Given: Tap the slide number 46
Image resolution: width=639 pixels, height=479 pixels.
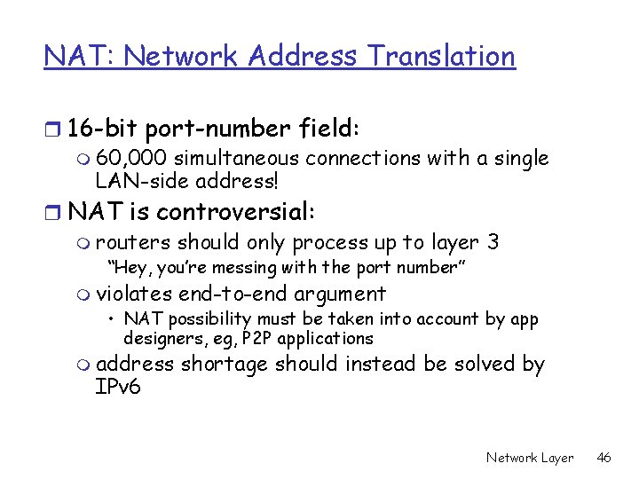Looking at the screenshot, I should tap(604, 458).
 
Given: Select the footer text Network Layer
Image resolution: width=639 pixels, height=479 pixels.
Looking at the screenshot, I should tap(530, 458).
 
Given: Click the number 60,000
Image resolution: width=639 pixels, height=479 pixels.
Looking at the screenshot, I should tap(131, 159).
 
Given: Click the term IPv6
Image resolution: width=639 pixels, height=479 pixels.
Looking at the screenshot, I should tap(118, 389).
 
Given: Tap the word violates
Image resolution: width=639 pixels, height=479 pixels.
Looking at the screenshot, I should tap(134, 294).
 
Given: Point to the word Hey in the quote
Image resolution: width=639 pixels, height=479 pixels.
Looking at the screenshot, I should tap(125, 268).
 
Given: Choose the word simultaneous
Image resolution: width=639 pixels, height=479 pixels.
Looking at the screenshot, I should tap(237, 159).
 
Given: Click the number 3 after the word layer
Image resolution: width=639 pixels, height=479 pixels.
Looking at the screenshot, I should tap(493, 242).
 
